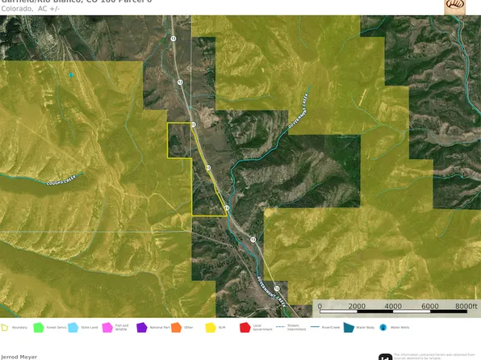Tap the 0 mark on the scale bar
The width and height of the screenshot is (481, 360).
[320, 307]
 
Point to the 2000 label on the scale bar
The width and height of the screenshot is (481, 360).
[357, 307]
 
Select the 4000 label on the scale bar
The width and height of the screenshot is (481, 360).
[393, 307]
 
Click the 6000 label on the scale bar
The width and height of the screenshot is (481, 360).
[430, 307]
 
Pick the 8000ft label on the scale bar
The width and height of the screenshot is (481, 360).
[466, 307]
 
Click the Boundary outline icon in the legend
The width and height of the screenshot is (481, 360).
[5, 327]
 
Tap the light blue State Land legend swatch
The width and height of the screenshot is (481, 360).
[73, 327]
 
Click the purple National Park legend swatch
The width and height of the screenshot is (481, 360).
[141, 327]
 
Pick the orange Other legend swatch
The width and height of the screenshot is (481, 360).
[176, 327]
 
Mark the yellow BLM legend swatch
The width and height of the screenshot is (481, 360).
[210, 327]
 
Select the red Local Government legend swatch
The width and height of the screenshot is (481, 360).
[245, 327]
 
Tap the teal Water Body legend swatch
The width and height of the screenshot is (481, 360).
[349, 327]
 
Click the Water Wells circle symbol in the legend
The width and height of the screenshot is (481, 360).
[383, 327]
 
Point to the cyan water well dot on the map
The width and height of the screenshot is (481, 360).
[71, 75]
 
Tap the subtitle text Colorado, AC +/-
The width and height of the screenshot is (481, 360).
[34, 9]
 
